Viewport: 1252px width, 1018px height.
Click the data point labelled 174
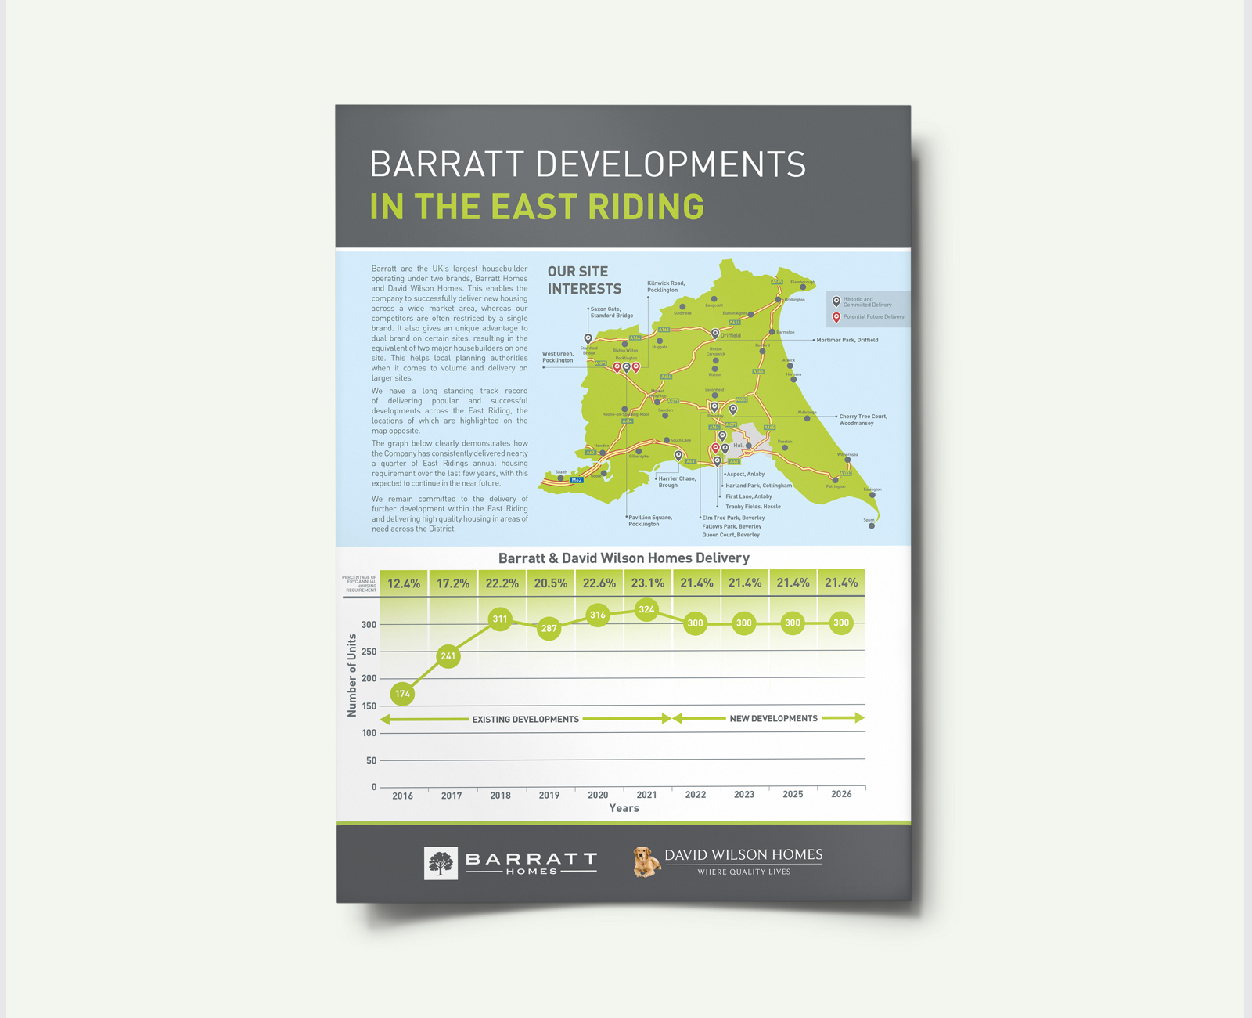(402, 693)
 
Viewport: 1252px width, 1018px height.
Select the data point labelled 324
(646, 609)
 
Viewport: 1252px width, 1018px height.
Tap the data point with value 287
(549, 628)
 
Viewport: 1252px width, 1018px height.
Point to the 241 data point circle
(448, 656)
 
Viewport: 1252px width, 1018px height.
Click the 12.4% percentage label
(404, 583)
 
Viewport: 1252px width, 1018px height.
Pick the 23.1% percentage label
(648, 583)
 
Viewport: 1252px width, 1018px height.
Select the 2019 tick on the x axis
(549, 795)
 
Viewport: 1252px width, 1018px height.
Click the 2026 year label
(841, 794)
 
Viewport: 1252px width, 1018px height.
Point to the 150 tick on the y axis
(369, 706)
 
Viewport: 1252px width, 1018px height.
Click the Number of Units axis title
(352, 675)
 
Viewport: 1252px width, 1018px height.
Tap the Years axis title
(624, 808)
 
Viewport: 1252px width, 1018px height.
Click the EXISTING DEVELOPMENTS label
(526, 719)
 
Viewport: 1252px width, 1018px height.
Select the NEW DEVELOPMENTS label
(773, 718)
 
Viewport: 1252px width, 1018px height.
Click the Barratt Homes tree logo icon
(441, 864)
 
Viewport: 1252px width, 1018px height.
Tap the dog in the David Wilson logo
(646, 862)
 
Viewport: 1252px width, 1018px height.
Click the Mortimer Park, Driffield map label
(847, 340)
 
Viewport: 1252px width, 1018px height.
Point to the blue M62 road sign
(577, 480)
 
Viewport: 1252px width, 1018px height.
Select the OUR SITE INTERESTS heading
(584, 280)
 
